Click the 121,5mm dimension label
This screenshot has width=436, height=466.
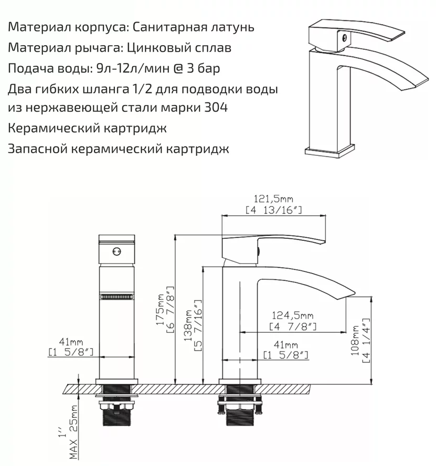[273, 198]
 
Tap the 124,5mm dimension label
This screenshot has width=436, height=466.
[292, 315]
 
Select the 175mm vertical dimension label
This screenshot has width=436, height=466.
[160, 309]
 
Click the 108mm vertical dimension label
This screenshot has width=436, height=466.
[355, 341]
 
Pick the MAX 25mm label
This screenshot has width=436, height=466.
[73, 432]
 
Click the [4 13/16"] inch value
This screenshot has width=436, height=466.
[274, 210]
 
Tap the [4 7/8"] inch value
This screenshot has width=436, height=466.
[293, 326]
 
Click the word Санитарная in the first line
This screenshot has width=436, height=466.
[163, 27]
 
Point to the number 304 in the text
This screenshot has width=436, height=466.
[216, 107]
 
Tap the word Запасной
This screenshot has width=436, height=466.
[38, 149]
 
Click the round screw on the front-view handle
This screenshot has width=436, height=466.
[117, 251]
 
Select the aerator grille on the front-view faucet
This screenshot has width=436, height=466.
[117, 297]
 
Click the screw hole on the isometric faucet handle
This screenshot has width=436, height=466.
[345, 38]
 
